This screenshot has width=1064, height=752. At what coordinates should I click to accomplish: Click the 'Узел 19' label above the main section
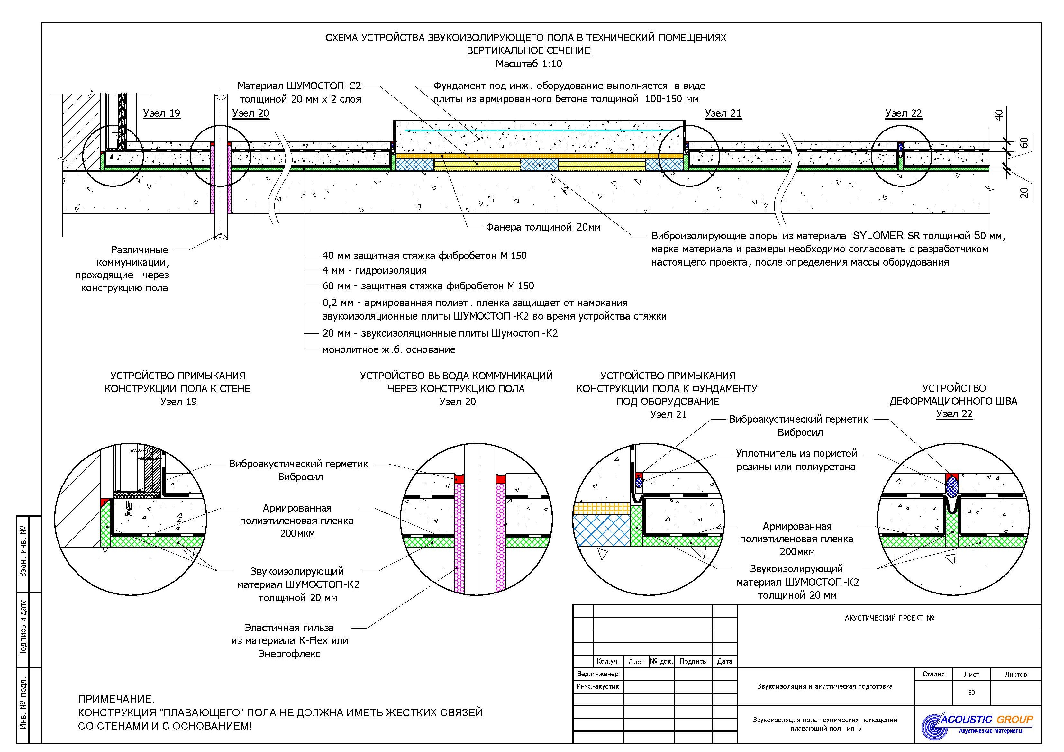point(161,113)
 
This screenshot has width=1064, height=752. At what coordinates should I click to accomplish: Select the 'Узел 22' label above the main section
point(903,113)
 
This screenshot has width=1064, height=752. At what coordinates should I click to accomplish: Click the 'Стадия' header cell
point(933,674)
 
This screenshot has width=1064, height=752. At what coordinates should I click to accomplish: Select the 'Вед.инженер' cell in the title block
point(598,674)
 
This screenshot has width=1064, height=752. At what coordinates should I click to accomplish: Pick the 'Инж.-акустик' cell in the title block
point(598,686)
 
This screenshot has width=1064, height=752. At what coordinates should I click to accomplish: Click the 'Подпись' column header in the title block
point(692,661)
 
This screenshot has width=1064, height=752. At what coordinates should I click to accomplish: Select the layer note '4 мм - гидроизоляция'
point(374,271)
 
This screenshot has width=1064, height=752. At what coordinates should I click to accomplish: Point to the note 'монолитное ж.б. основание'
point(389,350)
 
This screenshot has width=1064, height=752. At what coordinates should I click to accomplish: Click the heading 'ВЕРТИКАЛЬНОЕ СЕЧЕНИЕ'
point(528,50)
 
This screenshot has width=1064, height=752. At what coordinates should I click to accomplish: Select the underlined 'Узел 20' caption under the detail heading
point(457,402)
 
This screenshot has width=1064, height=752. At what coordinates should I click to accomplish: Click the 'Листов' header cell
point(1016,674)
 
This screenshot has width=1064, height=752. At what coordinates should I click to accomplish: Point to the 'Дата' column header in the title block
point(724,661)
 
